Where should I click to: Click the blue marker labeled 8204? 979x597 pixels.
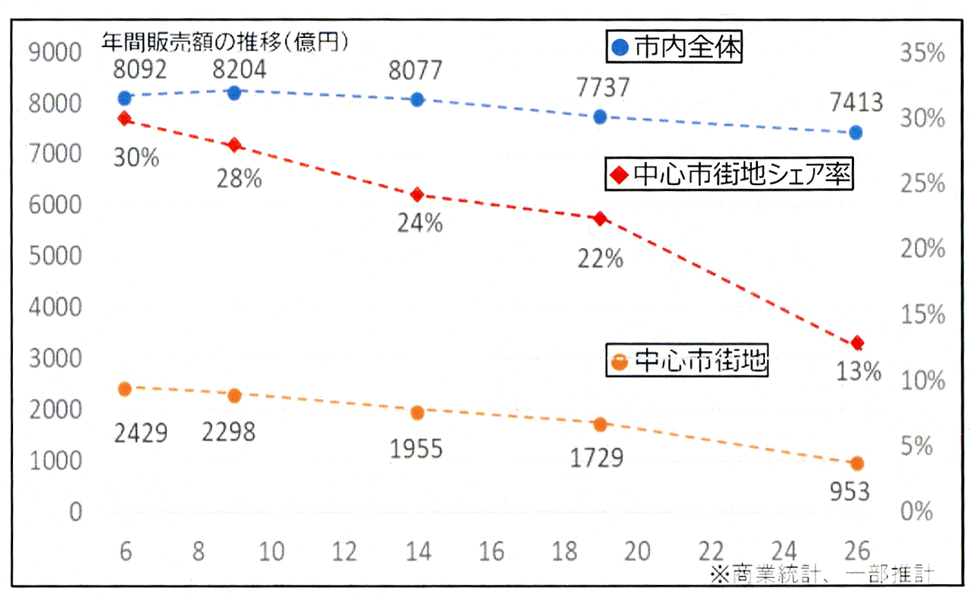[234, 93]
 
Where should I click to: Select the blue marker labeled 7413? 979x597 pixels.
[856, 132]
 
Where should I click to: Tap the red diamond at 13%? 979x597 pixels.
[857, 343]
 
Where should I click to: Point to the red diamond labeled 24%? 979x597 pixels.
[417, 195]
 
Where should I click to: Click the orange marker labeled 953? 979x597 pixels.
[856, 463]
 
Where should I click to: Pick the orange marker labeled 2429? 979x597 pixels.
[125, 389]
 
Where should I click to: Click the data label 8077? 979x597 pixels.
[416, 71]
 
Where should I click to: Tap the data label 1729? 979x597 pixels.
[597, 458]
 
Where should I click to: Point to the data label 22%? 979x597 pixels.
[600, 259]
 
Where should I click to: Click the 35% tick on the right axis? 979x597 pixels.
[923, 53]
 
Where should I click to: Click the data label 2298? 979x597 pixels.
[229, 432]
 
